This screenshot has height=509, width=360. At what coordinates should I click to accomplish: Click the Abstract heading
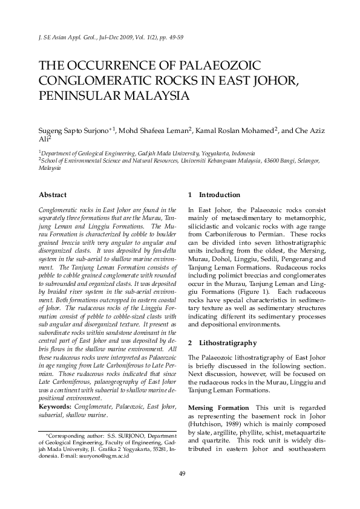click(53, 195)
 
